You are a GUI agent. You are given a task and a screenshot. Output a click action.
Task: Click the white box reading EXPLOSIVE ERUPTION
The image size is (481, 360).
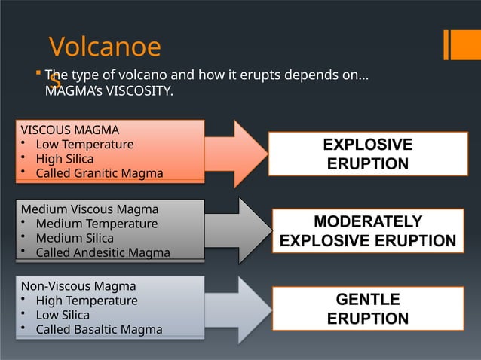[x=368, y=154]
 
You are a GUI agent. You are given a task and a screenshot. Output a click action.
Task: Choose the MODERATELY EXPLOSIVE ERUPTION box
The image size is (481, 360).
[x=368, y=231]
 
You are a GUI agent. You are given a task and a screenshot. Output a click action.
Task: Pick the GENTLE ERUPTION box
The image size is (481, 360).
[x=368, y=310]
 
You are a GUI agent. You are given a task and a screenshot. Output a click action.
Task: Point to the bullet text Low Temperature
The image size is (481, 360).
[x=84, y=145]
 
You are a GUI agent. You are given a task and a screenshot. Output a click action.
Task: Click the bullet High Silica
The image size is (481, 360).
[x=65, y=159]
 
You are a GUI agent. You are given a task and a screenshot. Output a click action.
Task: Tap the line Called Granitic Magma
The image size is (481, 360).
[x=99, y=174]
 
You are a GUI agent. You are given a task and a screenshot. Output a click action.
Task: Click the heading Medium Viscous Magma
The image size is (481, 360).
[x=90, y=209]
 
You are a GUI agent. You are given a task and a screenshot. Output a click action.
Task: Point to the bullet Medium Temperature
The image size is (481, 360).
[x=97, y=224]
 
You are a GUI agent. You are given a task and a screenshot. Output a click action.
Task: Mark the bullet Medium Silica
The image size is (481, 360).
[x=75, y=238]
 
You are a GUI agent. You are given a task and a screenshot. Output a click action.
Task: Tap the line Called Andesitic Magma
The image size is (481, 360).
[x=103, y=253]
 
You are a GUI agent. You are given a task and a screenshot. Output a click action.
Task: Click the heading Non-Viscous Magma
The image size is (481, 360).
[x=78, y=286]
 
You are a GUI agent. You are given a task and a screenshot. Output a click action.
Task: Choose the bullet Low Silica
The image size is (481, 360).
[x=63, y=315]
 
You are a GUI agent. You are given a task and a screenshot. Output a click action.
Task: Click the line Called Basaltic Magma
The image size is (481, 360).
[x=99, y=330]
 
